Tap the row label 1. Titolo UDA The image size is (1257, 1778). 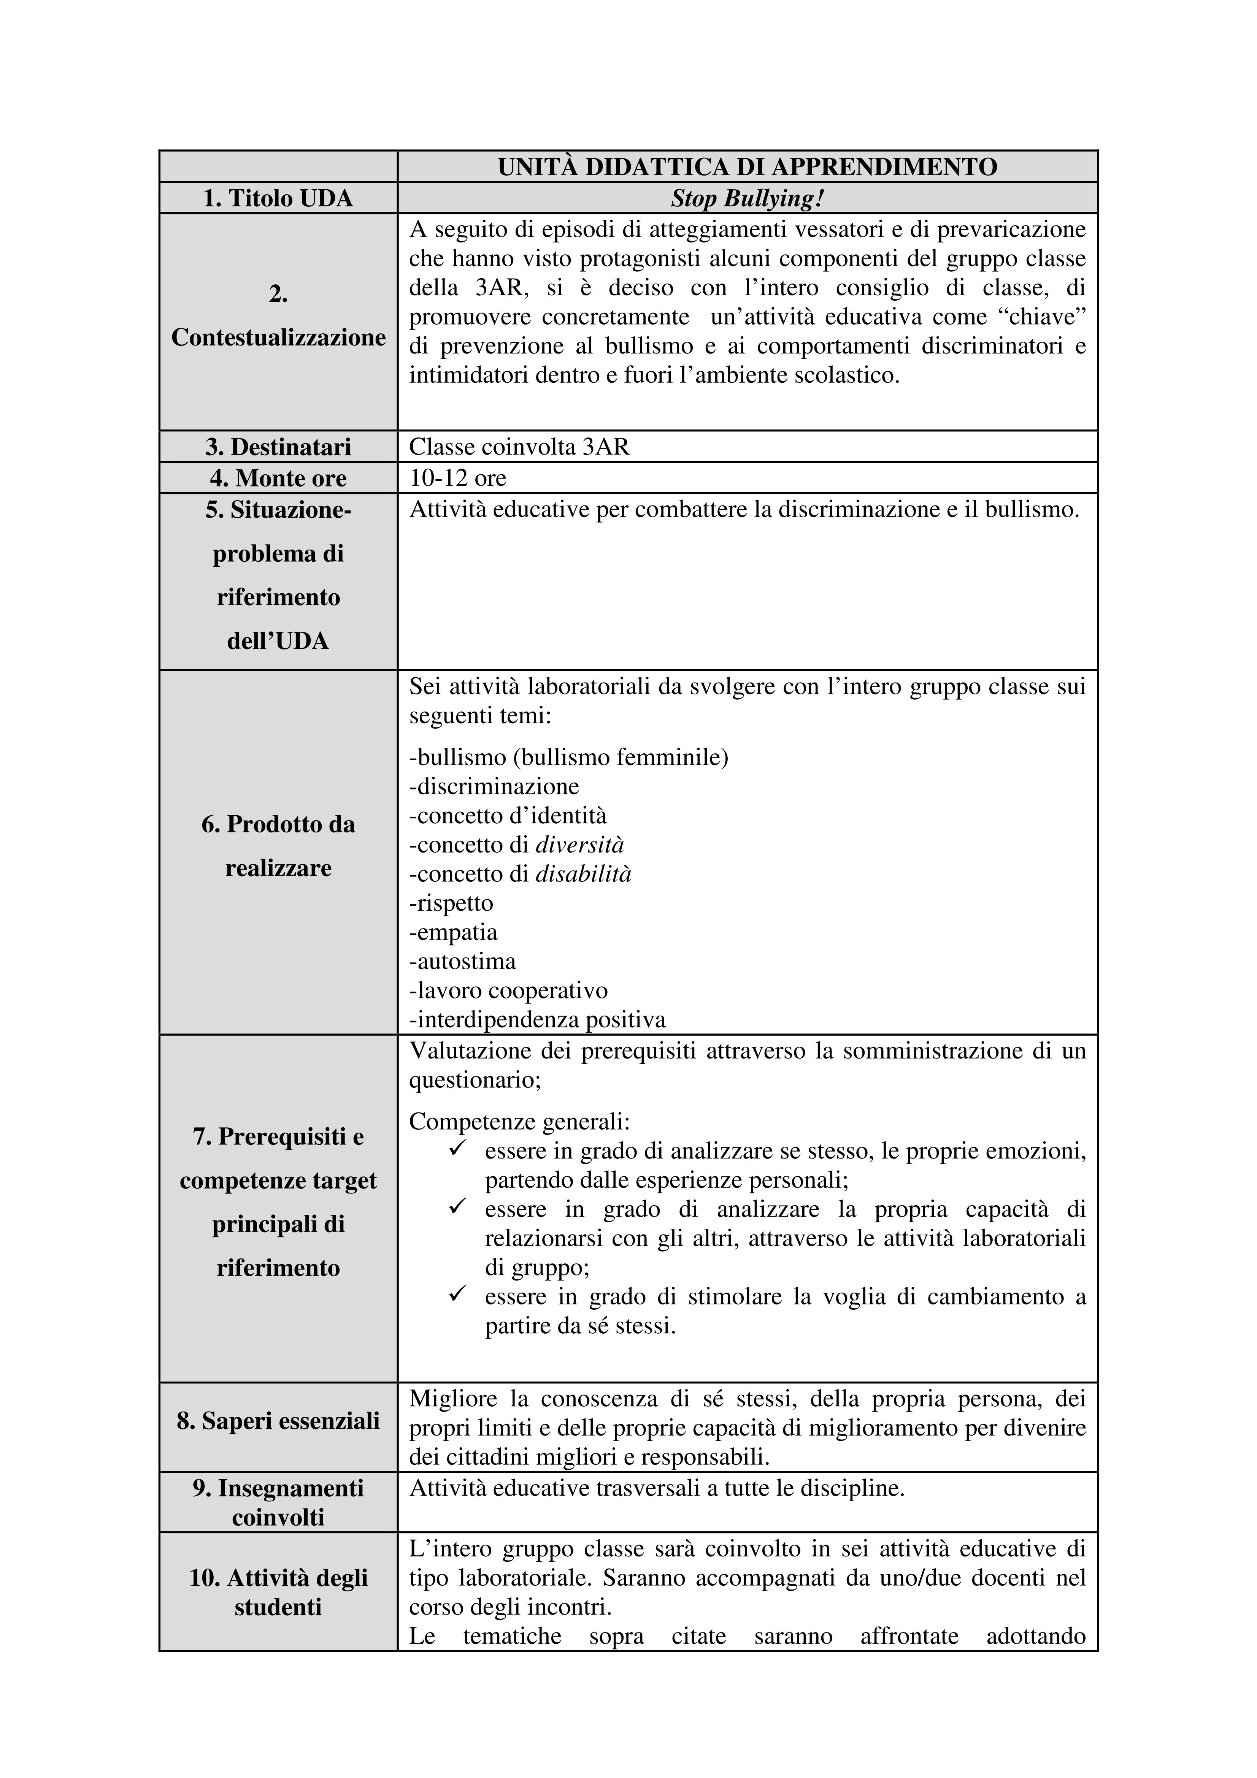tap(278, 199)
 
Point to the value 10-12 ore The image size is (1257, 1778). tap(458, 478)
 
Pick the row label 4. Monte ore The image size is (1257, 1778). tap(278, 478)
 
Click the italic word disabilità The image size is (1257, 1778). tap(583, 874)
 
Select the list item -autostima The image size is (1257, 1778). tap(462, 962)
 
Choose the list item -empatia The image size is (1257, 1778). tap(453, 932)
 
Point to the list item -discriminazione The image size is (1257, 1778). tap(494, 787)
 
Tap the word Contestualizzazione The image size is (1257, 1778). tap(278, 338)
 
